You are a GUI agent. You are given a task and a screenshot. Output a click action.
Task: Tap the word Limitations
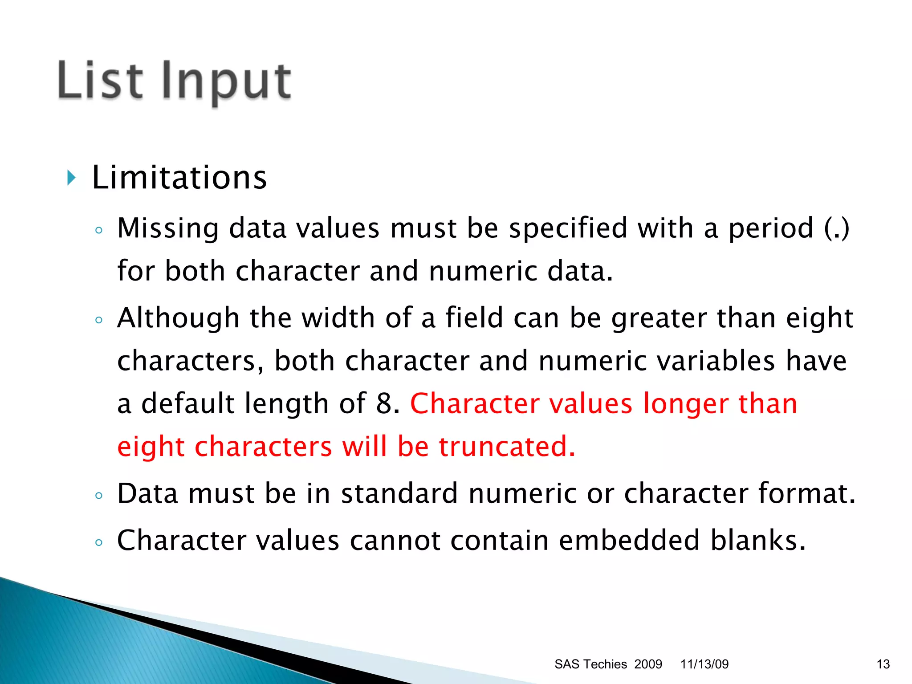(179, 177)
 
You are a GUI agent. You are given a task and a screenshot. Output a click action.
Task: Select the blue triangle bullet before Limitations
(71, 178)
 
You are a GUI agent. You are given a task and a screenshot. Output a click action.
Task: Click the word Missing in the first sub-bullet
(168, 228)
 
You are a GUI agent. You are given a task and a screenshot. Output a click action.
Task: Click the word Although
(178, 318)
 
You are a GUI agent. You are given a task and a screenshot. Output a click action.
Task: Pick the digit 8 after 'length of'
(384, 403)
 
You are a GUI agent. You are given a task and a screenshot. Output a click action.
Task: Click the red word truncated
(506, 446)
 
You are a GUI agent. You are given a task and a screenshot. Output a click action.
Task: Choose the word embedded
(629, 540)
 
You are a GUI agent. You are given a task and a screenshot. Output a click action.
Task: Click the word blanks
(757, 540)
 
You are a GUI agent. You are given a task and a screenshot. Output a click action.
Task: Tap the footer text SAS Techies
(590, 664)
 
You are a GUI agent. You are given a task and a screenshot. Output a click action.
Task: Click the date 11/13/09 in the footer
(704, 664)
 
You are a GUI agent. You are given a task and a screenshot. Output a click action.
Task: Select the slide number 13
(883, 664)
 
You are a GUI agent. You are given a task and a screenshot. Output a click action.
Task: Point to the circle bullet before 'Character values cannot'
(99, 542)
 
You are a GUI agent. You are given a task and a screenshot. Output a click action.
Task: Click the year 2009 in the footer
(648, 664)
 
